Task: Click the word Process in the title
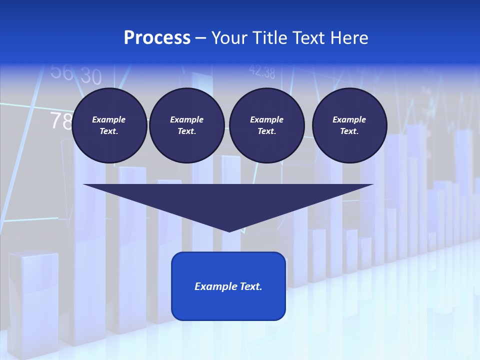tap(157, 38)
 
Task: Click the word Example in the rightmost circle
tap(349, 119)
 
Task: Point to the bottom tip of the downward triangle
tap(229, 230)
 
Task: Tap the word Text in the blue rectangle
tap(250, 286)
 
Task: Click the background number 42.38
tap(262, 72)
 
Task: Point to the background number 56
tap(62, 72)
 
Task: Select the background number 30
tap(90, 76)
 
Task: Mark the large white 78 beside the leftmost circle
tap(61, 121)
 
